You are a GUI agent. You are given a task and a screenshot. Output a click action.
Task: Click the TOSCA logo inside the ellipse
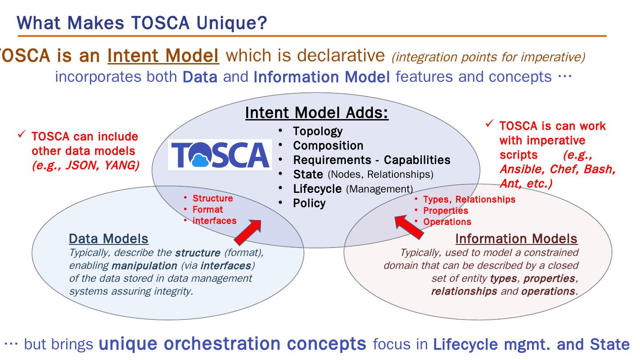(220, 155)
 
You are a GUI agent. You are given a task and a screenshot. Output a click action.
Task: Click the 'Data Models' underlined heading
(108, 239)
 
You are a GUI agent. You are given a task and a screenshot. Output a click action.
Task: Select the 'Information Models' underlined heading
(516, 239)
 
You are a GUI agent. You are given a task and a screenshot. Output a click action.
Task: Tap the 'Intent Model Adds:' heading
(317, 113)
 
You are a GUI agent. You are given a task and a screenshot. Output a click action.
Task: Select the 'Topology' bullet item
(318, 131)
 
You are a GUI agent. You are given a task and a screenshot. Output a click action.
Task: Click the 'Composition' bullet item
(328, 145)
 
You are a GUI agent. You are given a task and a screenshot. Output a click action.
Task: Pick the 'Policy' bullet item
(309, 203)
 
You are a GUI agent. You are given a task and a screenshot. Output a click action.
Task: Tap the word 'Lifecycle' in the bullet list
(318, 188)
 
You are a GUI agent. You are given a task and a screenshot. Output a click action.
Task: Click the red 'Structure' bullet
(212, 198)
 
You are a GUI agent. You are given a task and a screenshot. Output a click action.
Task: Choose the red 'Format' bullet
(208, 209)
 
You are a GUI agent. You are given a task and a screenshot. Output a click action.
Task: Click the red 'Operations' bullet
(447, 222)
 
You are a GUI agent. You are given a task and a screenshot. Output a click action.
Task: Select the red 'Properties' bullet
(445, 211)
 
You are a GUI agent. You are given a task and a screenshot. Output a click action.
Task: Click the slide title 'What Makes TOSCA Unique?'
(142, 22)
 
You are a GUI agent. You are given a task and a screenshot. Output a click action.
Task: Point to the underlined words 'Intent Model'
(164, 56)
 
